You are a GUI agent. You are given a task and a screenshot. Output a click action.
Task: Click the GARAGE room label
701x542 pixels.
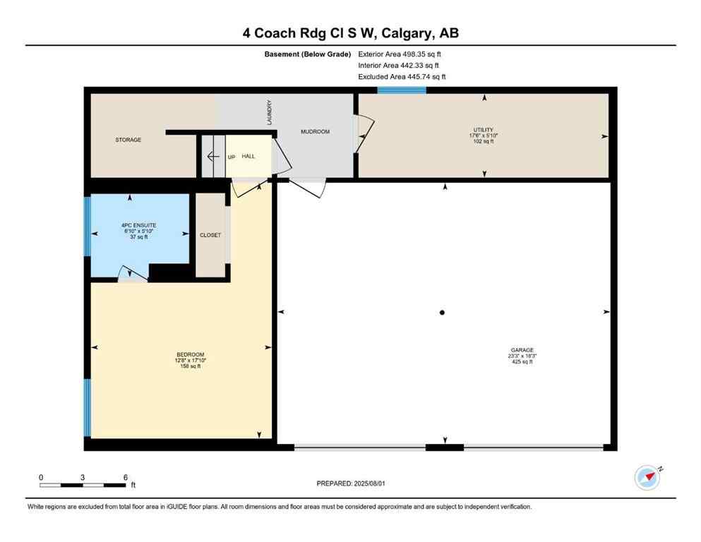(x=522, y=350)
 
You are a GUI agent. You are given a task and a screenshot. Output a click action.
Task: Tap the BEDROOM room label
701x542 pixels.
(x=190, y=354)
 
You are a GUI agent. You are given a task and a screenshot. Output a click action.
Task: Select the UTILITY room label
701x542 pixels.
(x=484, y=130)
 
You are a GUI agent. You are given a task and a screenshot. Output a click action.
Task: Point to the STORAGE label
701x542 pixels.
(x=128, y=140)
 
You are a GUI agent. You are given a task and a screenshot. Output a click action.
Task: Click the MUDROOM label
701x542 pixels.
(x=315, y=132)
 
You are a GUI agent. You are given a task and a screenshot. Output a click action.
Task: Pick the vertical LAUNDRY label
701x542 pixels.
(x=269, y=112)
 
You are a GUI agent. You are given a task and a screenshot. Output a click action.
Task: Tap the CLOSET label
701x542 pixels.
(x=210, y=235)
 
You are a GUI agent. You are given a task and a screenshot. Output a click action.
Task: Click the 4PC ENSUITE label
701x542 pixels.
(x=133, y=225)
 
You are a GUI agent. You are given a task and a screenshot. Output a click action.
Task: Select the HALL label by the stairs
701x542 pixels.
(x=248, y=156)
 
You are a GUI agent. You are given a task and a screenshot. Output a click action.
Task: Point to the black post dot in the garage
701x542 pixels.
(x=442, y=313)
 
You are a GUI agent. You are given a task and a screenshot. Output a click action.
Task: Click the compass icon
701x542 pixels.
(x=647, y=478)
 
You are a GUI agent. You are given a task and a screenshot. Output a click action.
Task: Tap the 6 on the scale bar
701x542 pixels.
(x=125, y=477)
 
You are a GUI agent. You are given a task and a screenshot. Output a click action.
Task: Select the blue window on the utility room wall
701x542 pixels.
(x=401, y=90)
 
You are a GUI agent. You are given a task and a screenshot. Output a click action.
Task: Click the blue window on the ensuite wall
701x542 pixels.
(x=88, y=226)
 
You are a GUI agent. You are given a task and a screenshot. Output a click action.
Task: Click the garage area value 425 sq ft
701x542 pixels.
(x=522, y=362)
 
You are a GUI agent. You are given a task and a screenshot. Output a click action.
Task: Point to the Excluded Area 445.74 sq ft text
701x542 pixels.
(x=402, y=76)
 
